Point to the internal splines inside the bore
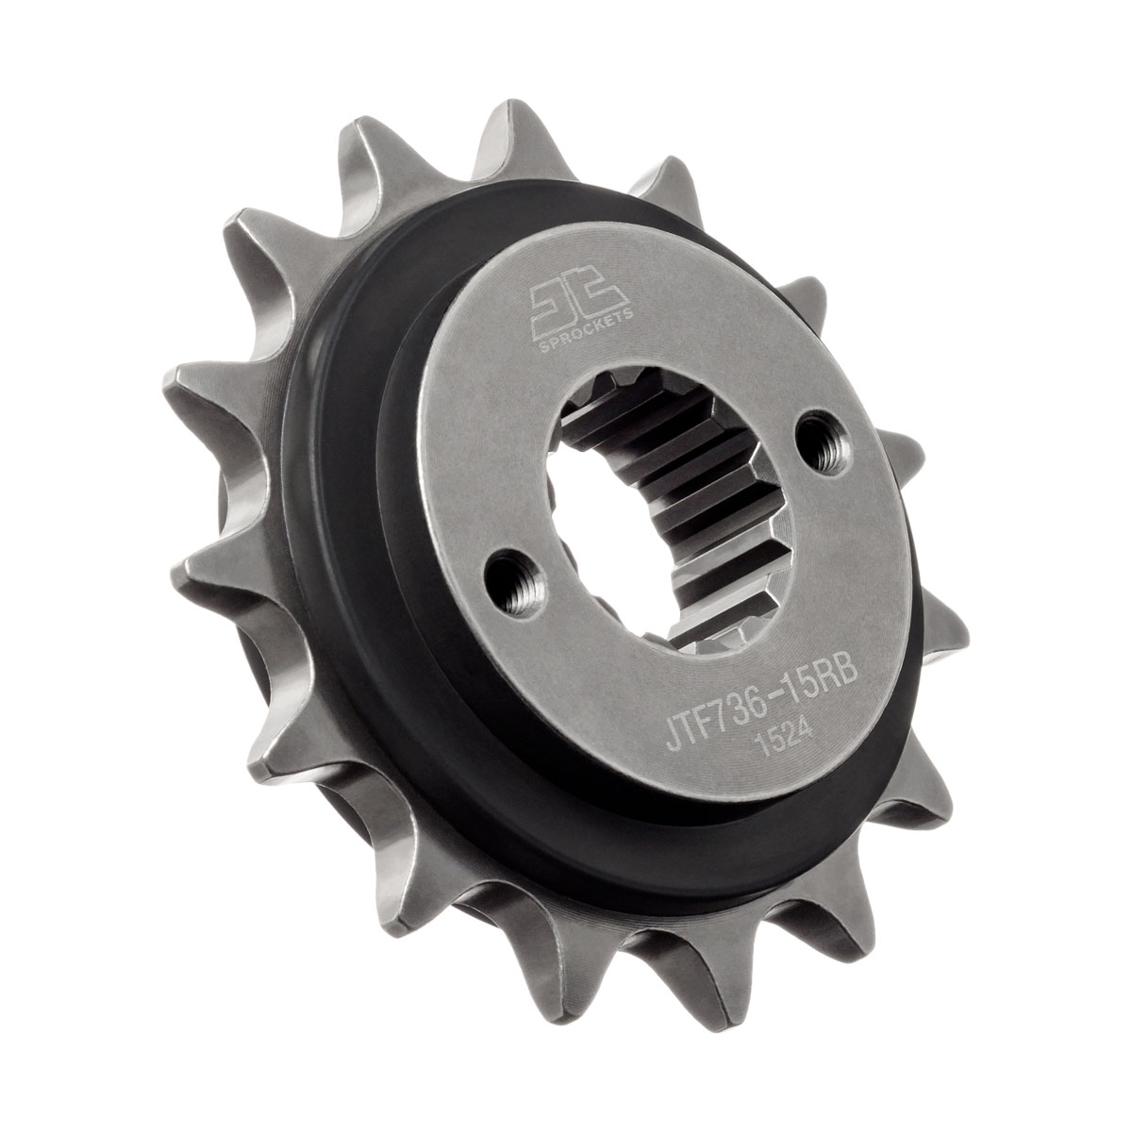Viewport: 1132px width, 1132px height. [x=679, y=491]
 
